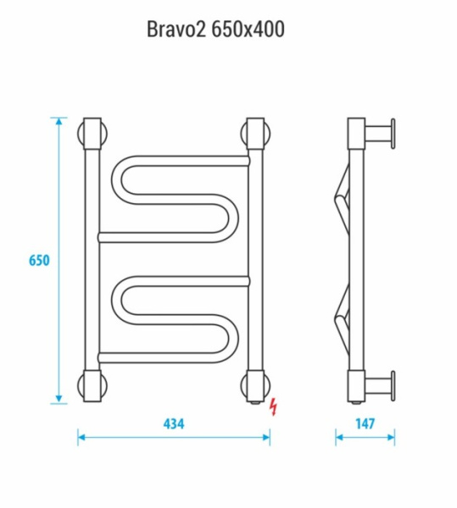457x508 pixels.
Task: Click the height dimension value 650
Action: (x=39, y=260)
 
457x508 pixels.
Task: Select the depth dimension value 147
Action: (x=365, y=422)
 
